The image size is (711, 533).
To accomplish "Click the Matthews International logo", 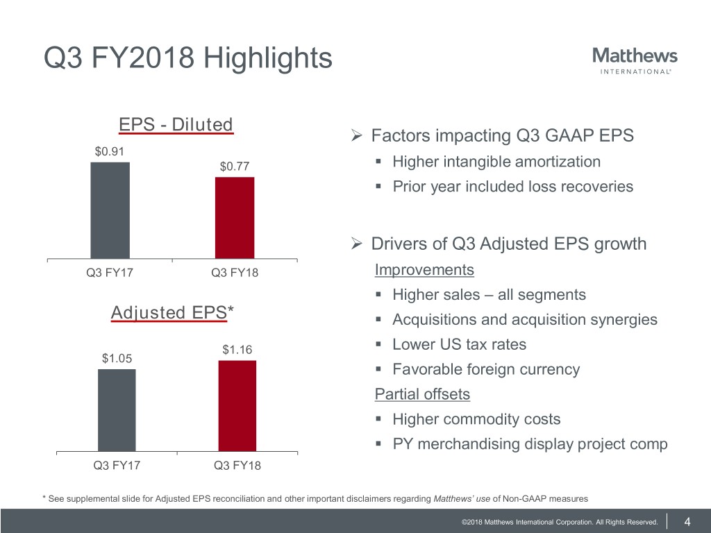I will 635,60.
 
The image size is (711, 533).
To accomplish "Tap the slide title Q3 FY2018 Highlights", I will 188,58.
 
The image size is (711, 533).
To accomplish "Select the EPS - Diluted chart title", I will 176,124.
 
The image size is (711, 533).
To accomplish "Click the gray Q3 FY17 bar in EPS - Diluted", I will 110,210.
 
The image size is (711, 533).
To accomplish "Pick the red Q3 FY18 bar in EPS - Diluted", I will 235,218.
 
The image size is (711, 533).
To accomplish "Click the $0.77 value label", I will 235,167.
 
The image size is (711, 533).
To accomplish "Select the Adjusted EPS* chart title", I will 172,313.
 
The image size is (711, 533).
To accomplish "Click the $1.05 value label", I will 117,358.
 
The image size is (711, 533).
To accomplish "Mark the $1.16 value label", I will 237,350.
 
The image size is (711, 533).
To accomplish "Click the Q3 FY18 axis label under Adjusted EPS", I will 237,466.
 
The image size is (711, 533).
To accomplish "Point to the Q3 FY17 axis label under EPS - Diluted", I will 110,273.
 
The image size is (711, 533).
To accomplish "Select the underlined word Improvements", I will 424,269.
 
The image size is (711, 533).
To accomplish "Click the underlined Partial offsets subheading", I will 422,394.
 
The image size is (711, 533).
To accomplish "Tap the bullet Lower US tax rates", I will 459,344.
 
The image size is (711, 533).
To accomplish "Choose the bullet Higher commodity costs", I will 476,419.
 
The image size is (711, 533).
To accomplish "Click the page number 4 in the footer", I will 687,522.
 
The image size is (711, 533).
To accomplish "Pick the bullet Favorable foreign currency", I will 485,369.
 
